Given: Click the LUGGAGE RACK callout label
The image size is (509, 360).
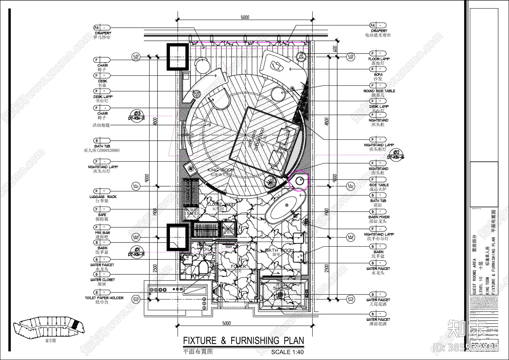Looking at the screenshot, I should (103, 197).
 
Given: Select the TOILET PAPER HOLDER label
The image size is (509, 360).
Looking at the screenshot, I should (104, 298).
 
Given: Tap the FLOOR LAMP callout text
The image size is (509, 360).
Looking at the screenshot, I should (379, 59).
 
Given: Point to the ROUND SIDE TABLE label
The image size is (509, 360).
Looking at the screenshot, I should (379, 91).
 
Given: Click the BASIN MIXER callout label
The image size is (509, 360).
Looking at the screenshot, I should (379, 217).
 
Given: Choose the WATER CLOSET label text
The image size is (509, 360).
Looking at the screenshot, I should (102, 280).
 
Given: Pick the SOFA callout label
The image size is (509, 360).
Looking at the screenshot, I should (378, 74).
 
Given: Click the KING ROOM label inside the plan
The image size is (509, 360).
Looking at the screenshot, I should (221, 170).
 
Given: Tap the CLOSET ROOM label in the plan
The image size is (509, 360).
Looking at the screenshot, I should (221, 204).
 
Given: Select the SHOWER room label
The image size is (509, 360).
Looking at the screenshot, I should (282, 288).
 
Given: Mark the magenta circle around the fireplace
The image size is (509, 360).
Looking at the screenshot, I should (299, 180).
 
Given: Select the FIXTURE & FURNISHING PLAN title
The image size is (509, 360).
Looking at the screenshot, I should (243, 341).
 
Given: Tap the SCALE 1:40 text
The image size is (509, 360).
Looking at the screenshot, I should (287, 352).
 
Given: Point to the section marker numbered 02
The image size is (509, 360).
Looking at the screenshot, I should (396, 154).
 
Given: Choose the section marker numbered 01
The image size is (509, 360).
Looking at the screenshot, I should (136, 251).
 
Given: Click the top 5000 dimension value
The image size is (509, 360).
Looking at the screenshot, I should (245, 17).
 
